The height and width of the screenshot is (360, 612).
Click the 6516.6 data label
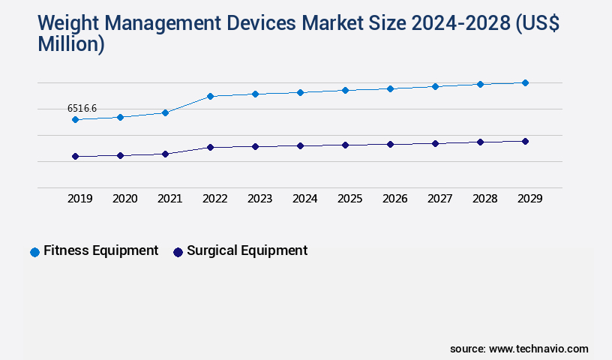pyautogui.click(x=82, y=109)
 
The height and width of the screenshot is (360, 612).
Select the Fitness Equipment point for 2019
pyautogui.click(x=75, y=119)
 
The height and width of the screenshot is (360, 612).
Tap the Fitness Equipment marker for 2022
pyautogui.click(x=210, y=96)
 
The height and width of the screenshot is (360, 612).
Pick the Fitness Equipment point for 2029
pyautogui.click(x=525, y=82)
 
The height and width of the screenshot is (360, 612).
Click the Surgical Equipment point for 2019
pyautogui.click(x=75, y=156)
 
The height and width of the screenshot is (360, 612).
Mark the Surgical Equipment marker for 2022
pyautogui.click(x=210, y=147)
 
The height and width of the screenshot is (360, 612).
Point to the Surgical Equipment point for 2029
pyautogui.click(x=525, y=141)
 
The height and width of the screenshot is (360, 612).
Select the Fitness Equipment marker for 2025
pyautogui.click(x=345, y=90)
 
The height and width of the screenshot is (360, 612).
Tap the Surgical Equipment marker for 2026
pyautogui.click(x=390, y=144)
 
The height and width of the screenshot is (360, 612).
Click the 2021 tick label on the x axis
pyautogui.click(x=169, y=199)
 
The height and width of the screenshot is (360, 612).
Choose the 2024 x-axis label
pyautogui.click(x=304, y=199)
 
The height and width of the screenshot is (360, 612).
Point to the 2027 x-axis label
pyautogui.click(x=439, y=199)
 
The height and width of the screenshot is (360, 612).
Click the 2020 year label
pyautogui.click(x=124, y=199)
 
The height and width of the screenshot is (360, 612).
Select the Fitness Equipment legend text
pyautogui.click(x=100, y=250)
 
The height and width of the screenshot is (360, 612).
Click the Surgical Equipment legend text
pyautogui.click(x=247, y=250)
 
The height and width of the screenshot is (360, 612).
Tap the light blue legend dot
pyautogui.click(x=34, y=252)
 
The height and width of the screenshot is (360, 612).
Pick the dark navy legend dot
pyautogui.click(x=178, y=252)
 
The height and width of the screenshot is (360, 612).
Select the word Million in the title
pyautogui.click(x=67, y=44)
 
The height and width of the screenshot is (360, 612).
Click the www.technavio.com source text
pyautogui.click(x=538, y=349)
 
